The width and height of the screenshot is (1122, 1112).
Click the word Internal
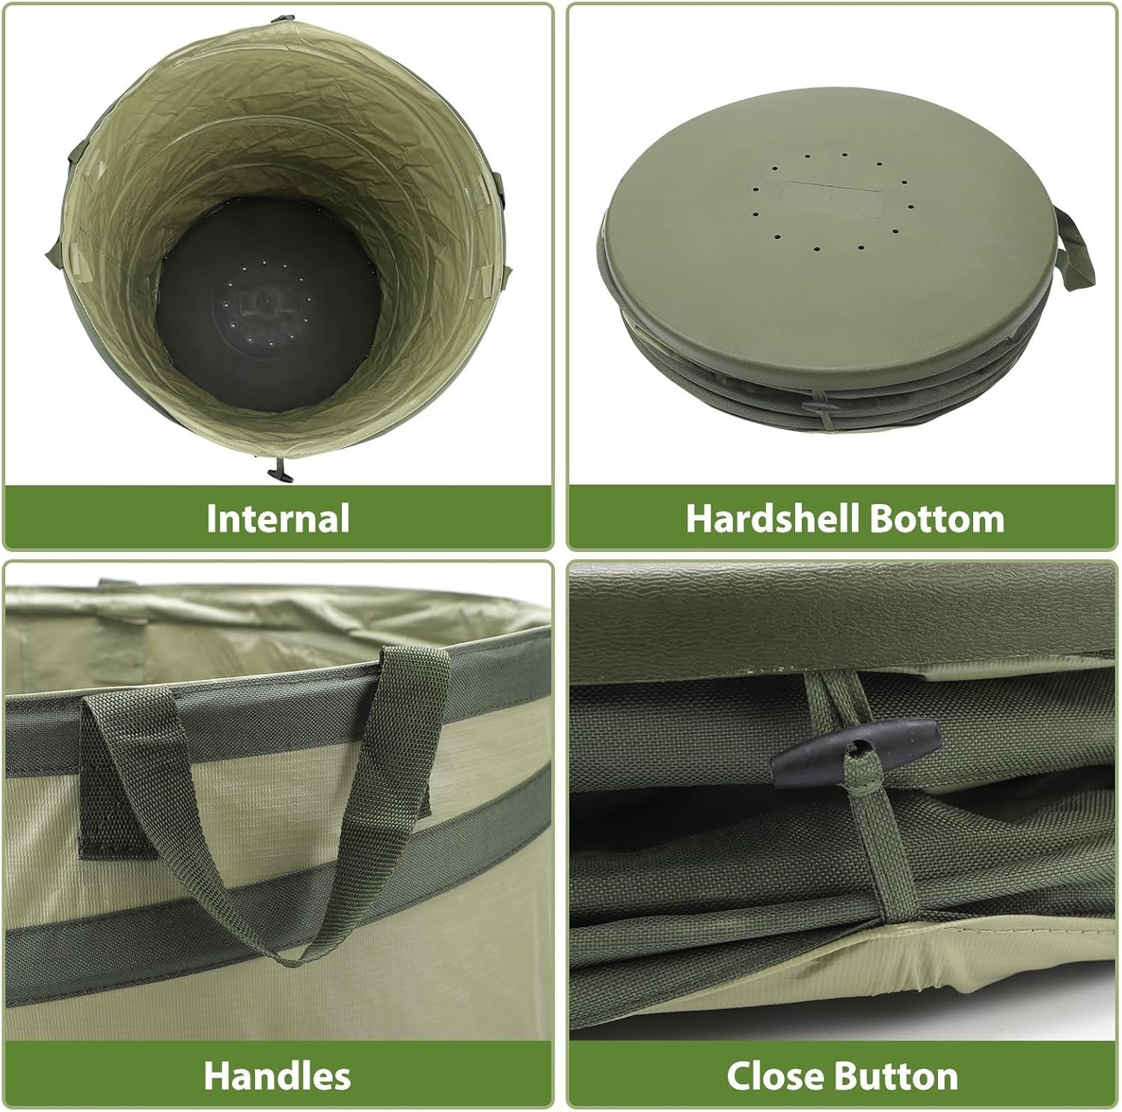click(278, 518)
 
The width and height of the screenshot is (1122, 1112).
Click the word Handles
click(277, 1076)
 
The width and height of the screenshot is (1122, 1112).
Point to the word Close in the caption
click(778, 1076)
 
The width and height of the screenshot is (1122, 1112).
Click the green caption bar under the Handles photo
click(277, 1076)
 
